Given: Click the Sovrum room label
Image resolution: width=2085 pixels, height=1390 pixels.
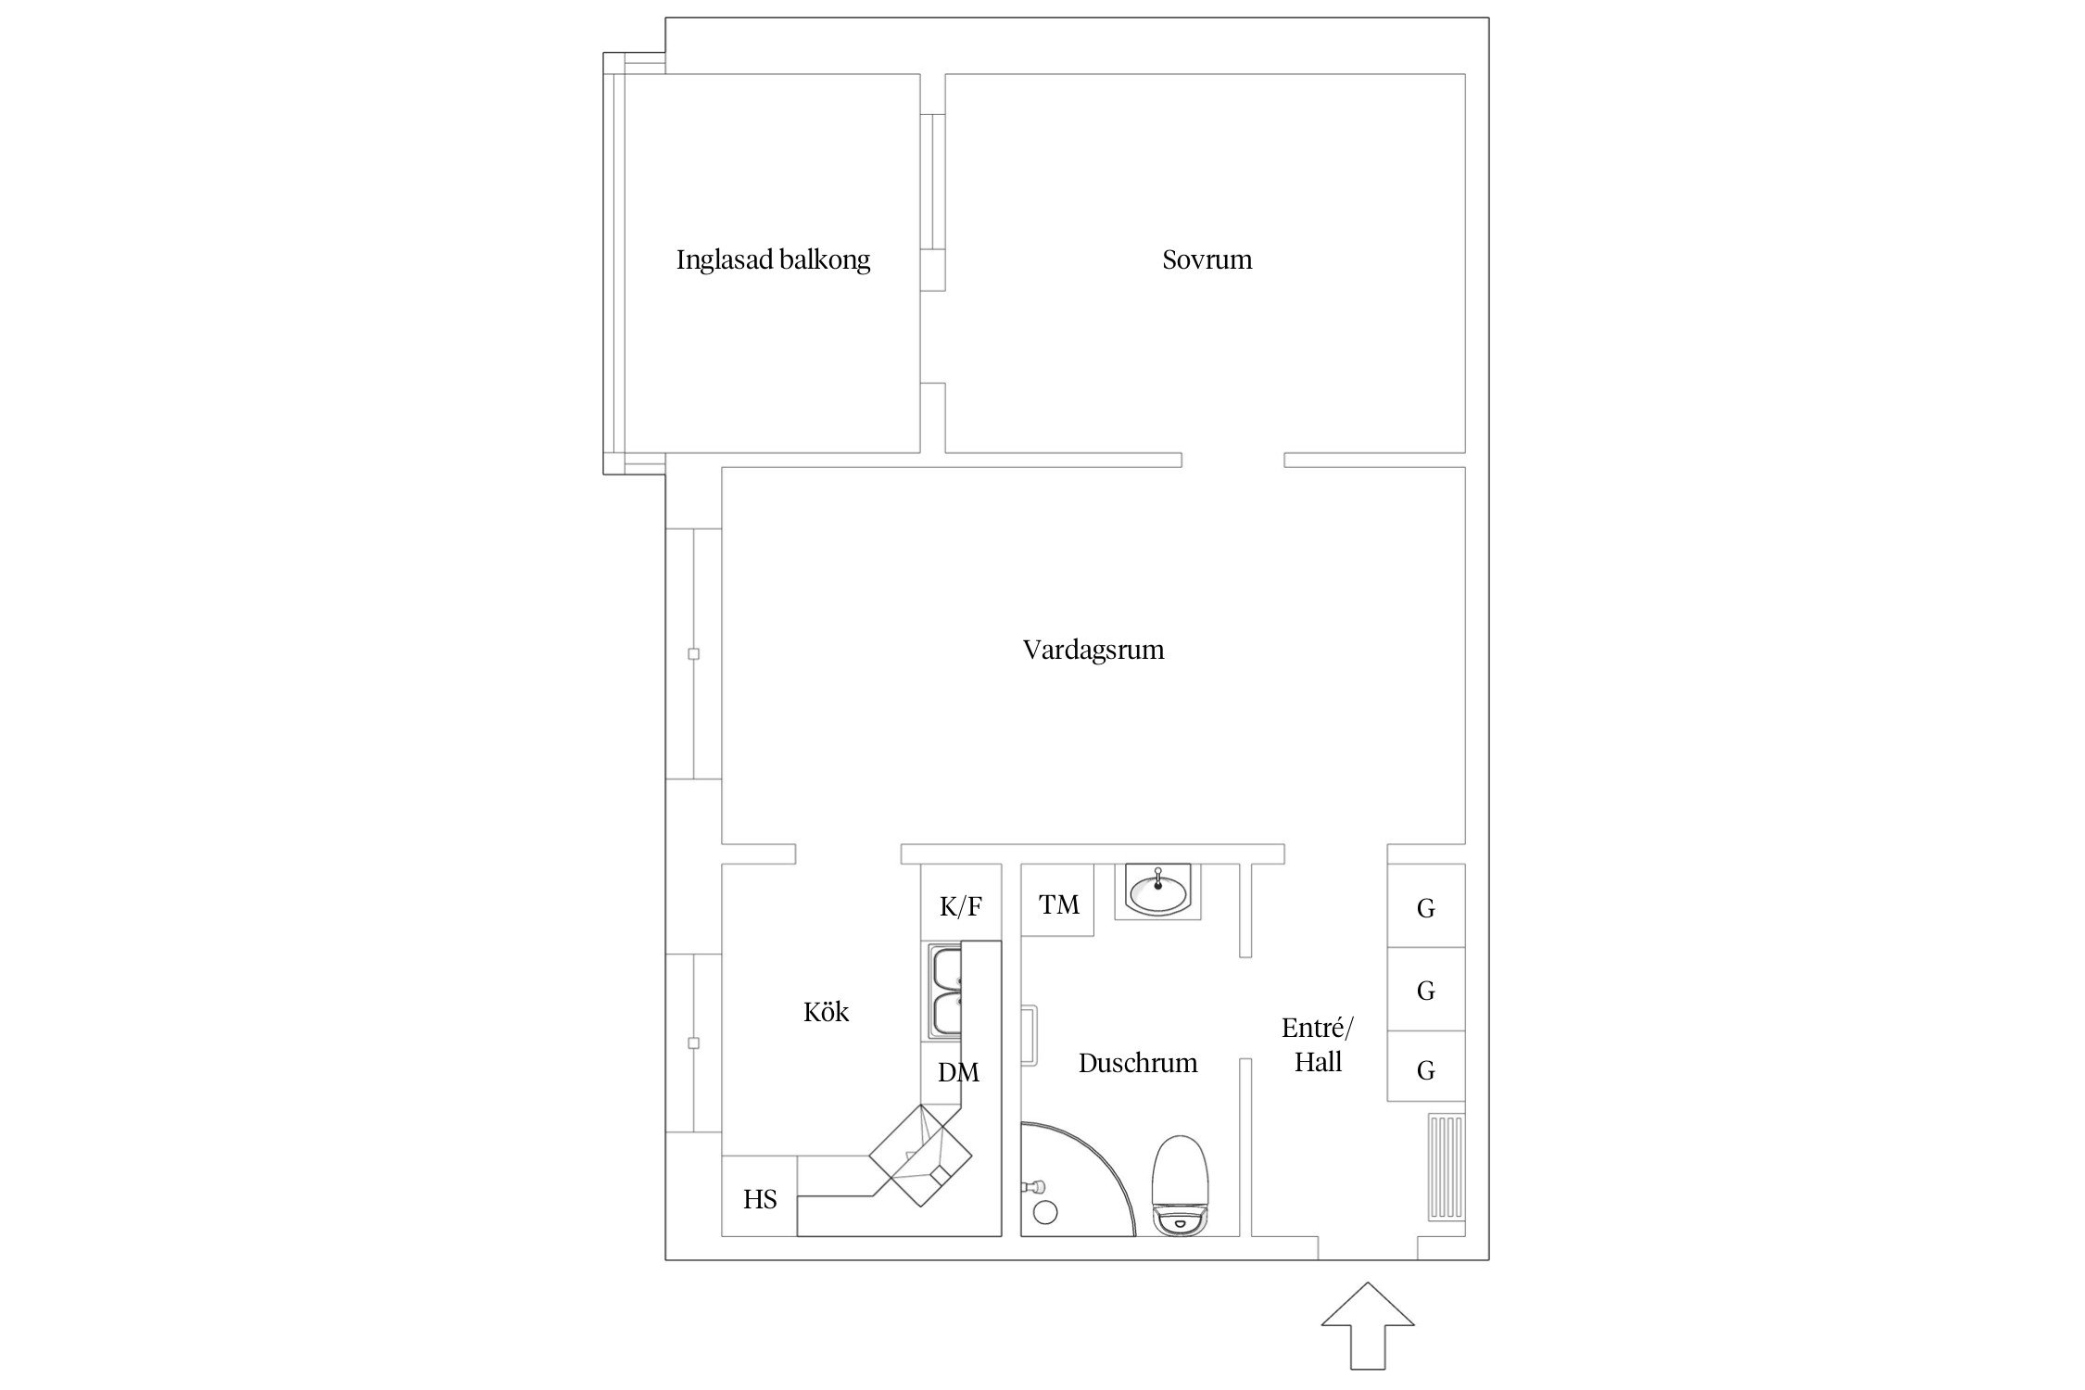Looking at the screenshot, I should pos(1207,259).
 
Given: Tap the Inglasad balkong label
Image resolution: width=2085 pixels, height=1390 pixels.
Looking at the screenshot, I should pos(773,259).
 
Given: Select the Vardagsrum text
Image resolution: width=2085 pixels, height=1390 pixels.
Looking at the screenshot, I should pos(1093,650).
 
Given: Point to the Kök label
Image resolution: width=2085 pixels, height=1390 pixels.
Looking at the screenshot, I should pos(826,1012).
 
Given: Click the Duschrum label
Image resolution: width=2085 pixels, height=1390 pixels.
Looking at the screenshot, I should pos(1138,1063).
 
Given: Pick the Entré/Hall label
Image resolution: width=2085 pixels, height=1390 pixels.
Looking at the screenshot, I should pos(1318,1045).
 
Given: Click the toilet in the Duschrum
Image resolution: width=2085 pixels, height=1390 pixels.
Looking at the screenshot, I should pos(1180,1186).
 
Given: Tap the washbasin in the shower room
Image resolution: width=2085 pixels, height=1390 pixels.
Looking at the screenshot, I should pos(1157,891).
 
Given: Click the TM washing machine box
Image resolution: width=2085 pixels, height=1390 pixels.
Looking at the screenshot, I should pos(1058,903).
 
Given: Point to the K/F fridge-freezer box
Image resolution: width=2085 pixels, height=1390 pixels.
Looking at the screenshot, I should pos(961,906).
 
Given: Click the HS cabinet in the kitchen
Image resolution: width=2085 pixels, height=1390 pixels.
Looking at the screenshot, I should pos(759,1198).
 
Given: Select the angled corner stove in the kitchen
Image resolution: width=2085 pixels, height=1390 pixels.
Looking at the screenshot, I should pos(921,1156).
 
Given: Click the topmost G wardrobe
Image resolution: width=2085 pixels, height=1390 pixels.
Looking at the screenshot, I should pos(1426,907).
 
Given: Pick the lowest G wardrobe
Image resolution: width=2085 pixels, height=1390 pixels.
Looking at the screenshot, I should pos(1426,1069).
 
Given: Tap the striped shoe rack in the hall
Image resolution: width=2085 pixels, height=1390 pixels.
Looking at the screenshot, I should pos(1446,1167).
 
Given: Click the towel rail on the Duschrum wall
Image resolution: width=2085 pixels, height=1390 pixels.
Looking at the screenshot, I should pos(1030,1036).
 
